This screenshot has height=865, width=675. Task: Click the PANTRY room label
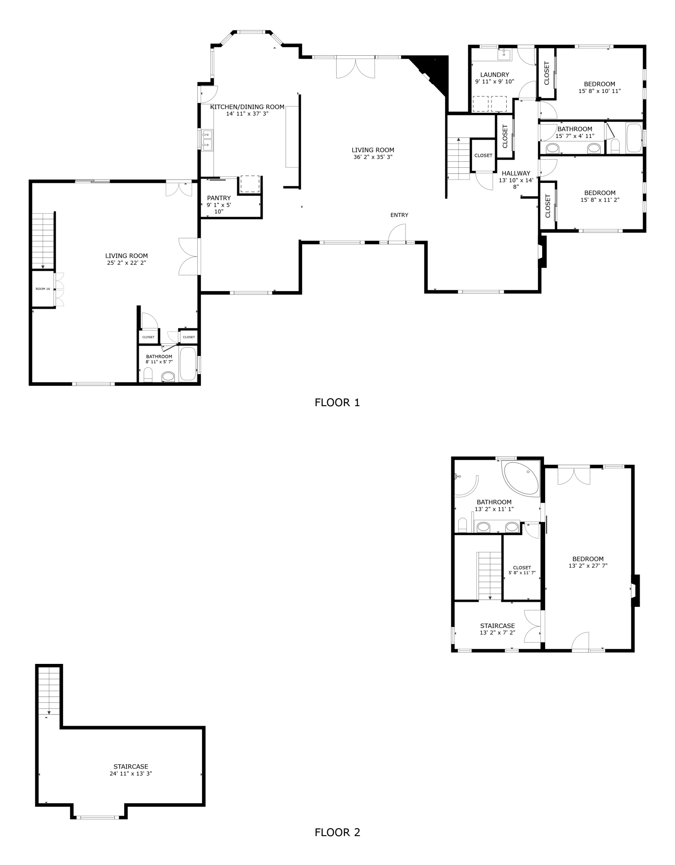219,198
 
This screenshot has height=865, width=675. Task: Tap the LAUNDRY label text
495,75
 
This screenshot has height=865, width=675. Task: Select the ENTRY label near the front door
399,215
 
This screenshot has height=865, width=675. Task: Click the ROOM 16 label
43,288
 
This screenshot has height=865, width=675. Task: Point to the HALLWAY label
516,173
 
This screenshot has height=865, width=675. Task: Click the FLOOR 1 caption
337,403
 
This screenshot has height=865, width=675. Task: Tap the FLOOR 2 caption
337,832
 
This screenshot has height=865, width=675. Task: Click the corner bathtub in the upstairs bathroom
521,480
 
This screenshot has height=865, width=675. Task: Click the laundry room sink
504,54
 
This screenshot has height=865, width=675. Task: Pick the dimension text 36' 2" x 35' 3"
373,157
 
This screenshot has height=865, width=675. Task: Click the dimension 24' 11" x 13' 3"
131,773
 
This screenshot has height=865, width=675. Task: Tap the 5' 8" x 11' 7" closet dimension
522,573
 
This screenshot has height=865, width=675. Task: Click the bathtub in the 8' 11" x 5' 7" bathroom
188,364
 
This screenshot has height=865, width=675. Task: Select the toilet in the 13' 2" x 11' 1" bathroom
462,525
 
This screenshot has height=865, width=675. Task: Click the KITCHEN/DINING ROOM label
247,107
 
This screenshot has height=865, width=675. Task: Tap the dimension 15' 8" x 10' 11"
599,91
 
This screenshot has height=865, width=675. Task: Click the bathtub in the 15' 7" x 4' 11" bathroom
634,138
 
